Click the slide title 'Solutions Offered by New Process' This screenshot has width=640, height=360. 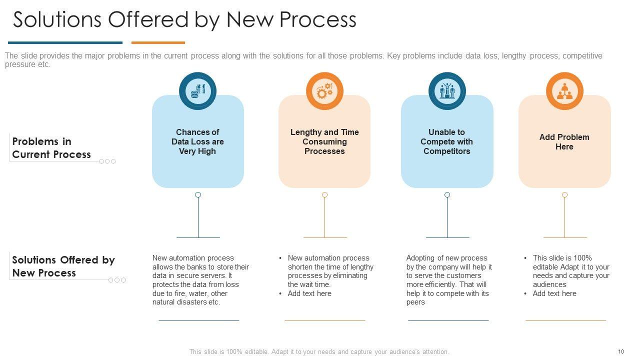click(x=184, y=20)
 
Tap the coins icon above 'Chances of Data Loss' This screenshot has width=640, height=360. click(x=198, y=91)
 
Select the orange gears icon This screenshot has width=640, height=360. click(x=324, y=91)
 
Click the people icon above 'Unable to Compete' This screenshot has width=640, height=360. click(x=447, y=91)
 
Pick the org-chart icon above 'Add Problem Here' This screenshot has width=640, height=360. click(x=564, y=91)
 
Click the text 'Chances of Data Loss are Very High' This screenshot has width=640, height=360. click(x=197, y=141)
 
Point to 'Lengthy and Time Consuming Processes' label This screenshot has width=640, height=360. click(x=324, y=141)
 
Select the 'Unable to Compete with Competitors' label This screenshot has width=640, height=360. click(x=446, y=141)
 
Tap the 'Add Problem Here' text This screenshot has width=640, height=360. click(x=564, y=142)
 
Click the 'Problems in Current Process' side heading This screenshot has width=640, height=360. click(x=51, y=148)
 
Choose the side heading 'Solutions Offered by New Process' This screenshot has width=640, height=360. click(x=63, y=266)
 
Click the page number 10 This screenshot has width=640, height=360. click(x=621, y=351)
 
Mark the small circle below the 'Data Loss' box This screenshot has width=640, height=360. click(x=198, y=194)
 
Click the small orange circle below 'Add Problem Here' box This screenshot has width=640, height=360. click(x=564, y=194)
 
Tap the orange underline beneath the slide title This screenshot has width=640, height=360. click(x=158, y=42)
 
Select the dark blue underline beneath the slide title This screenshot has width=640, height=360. click(x=65, y=42)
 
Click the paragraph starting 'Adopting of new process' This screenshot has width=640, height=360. click(x=449, y=280)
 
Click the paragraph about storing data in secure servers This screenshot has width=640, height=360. click(x=200, y=280)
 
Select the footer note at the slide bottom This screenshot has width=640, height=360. click(x=319, y=351)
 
